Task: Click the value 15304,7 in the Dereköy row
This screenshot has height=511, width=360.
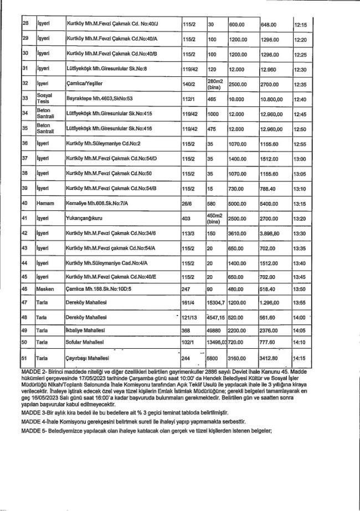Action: coord(216,303)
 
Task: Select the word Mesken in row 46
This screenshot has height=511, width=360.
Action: coord(45,288)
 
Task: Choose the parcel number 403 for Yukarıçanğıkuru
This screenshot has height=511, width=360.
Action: coord(187,218)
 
